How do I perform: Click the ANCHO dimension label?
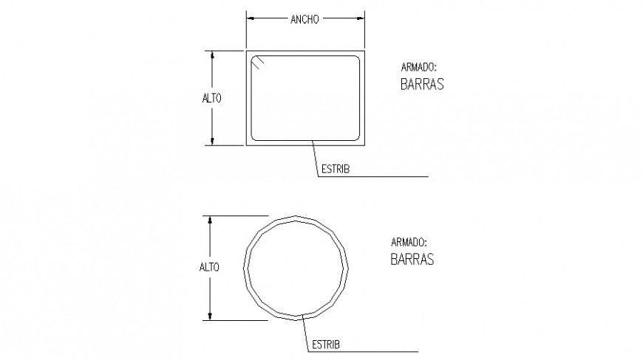[305, 19]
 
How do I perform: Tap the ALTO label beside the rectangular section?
[211, 98]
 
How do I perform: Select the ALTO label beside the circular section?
[209, 267]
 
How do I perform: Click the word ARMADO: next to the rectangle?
[418, 67]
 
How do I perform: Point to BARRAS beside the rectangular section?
[422, 84]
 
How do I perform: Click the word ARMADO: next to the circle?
[409, 242]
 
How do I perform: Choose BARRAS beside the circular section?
[412, 259]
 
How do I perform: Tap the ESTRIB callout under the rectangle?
[336, 169]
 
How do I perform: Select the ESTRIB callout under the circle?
[326, 345]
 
